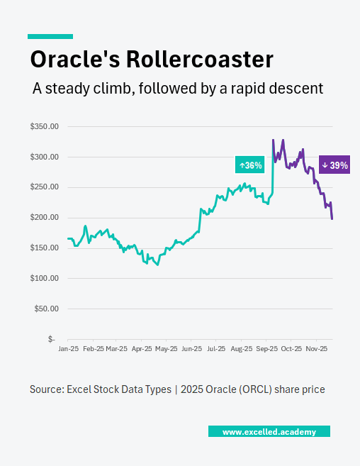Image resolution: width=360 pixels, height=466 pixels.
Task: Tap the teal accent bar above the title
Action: click(x=50, y=36)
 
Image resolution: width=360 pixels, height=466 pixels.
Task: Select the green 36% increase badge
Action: click(x=250, y=165)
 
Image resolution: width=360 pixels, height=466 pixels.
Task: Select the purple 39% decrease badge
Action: click(x=334, y=165)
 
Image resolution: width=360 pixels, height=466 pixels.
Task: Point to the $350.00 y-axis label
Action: click(x=44, y=126)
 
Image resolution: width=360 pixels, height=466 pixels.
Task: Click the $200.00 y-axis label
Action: click(x=44, y=218)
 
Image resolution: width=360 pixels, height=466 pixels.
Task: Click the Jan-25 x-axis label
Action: click(x=68, y=349)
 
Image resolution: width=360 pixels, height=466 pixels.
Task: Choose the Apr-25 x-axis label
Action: click(x=142, y=349)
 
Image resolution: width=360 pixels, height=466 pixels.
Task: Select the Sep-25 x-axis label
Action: click(x=266, y=349)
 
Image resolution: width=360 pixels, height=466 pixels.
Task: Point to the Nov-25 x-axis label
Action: click(x=316, y=349)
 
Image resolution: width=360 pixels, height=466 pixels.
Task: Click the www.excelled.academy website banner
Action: click(x=269, y=431)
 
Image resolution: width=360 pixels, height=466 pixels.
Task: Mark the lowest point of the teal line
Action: click(x=157, y=265)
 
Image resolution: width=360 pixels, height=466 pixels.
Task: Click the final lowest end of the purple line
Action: click(x=332, y=218)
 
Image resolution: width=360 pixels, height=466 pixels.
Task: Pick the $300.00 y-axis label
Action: click(x=44, y=157)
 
